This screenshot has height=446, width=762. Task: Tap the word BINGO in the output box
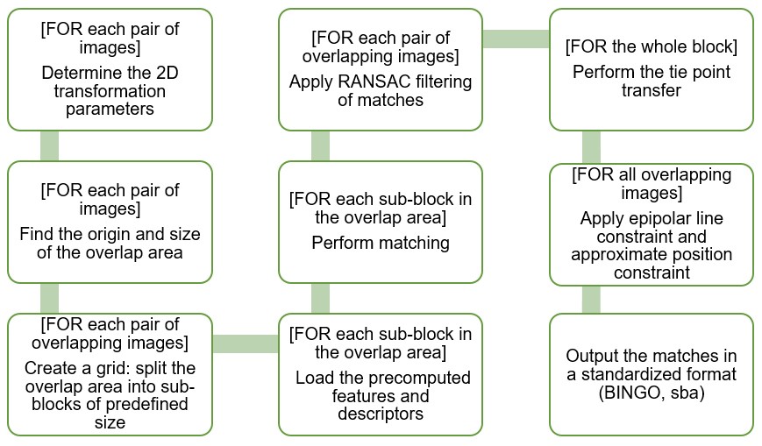(630, 393)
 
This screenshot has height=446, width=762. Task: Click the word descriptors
(381, 414)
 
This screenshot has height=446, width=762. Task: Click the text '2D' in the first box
(167, 73)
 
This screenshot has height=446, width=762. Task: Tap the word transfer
(652, 90)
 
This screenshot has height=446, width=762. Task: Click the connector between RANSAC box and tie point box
(516, 39)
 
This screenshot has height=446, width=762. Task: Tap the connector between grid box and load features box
(246, 344)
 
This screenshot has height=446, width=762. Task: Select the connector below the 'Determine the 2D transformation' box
(50, 145)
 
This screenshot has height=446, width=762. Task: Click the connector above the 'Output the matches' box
(591, 300)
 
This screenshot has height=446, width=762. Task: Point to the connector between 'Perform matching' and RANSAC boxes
(320, 145)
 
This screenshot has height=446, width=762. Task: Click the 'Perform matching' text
(381, 243)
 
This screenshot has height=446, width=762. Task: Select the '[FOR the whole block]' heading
(652, 46)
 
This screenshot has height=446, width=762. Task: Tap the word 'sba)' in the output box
(687, 393)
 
